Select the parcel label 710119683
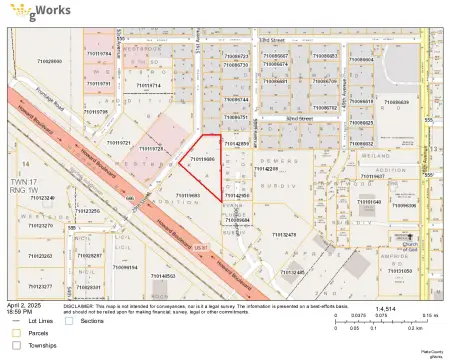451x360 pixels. pyautogui.click(x=188, y=194)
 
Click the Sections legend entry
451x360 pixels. pyautogui.click(x=92, y=321)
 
